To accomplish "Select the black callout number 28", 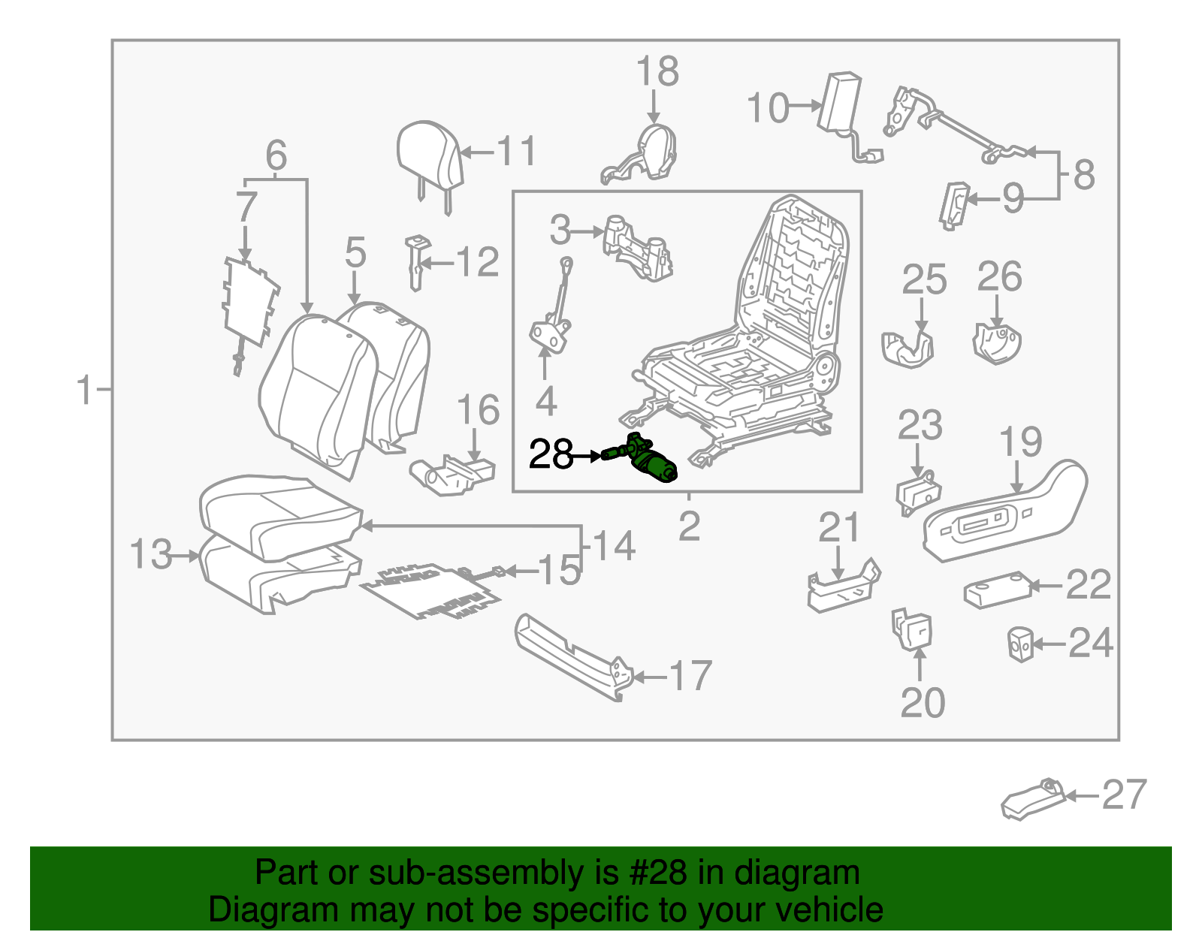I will [x=551, y=454].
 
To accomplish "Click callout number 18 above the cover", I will [x=657, y=72].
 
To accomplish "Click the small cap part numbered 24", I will [x=1019, y=644].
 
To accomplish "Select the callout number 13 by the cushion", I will [x=150, y=554].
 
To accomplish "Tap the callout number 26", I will [x=998, y=276].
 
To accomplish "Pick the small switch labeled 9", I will [x=953, y=204].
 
